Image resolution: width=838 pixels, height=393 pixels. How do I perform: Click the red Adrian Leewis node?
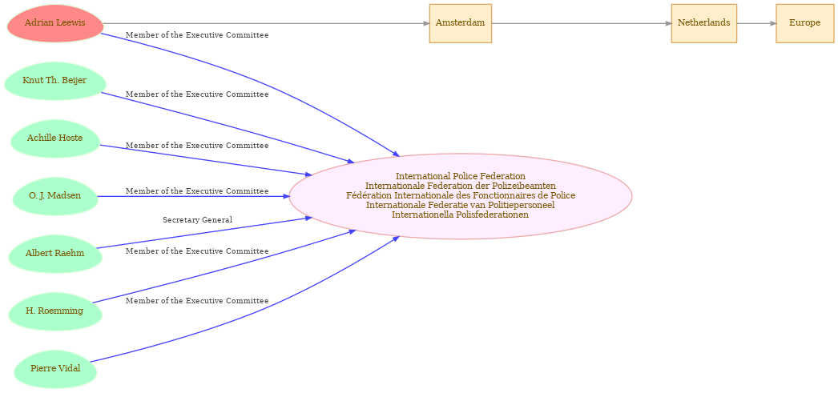click(x=55, y=23)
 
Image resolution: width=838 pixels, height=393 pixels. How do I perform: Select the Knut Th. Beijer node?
click(x=55, y=81)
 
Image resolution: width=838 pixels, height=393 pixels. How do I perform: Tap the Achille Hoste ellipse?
click(x=55, y=138)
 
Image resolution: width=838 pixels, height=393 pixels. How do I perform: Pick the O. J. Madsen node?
click(x=55, y=196)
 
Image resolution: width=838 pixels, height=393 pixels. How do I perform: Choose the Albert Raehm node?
click(x=55, y=254)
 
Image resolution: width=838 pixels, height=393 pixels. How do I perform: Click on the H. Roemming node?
click(x=55, y=311)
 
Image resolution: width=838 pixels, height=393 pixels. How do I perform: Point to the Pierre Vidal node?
click(x=55, y=368)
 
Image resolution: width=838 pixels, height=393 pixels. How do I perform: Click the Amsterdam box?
click(x=460, y=23)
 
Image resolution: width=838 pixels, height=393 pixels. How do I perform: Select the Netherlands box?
click(x=704, y=23)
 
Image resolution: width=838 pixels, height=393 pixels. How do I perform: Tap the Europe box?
click(x=804, y=23)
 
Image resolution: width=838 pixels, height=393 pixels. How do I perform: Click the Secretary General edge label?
click(x=198, y=220)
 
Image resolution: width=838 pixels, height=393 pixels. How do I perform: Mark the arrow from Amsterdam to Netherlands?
click(x=582, y=23)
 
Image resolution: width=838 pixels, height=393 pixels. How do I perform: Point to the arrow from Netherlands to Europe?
click(x=756, y=23)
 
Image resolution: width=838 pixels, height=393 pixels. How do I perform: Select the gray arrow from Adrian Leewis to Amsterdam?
click(x=266, y=23)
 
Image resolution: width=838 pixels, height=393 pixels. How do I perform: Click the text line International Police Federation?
click(x=460, y=176)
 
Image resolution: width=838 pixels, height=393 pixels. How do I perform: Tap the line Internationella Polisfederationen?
click(x=460, y=215)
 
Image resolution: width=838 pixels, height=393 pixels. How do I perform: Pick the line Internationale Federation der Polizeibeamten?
click(x=460, y=186)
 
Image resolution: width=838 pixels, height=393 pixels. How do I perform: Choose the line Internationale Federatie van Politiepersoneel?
click(x=460, y=205)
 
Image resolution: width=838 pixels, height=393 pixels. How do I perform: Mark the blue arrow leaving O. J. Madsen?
click(x=193, y=196)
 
